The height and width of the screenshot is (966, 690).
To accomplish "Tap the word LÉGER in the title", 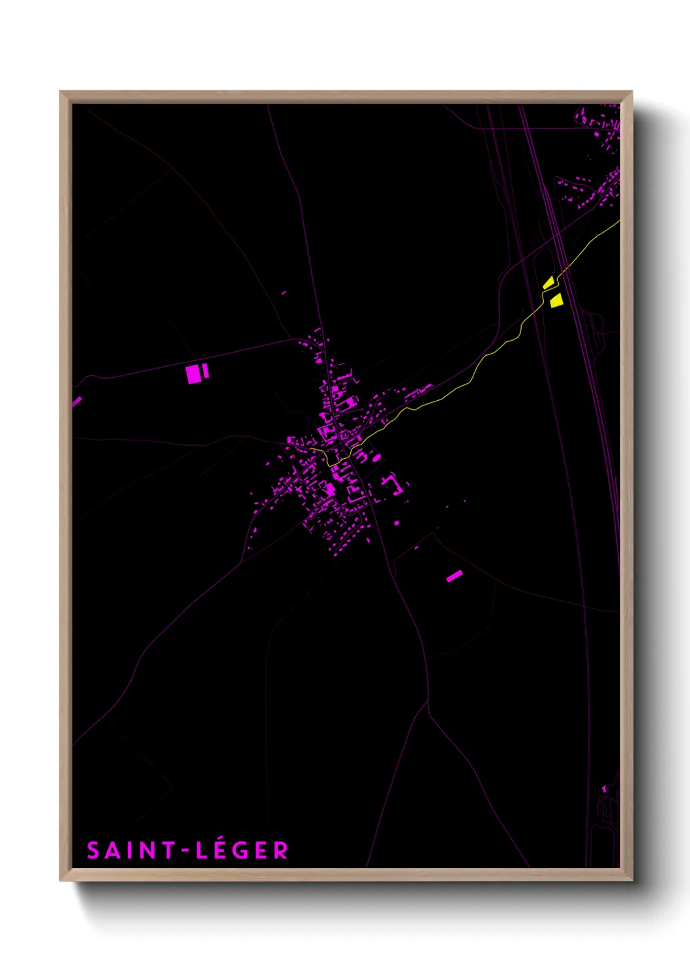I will (x=242, y=850).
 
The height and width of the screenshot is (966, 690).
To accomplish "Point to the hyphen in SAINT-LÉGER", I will (x=185, y=850).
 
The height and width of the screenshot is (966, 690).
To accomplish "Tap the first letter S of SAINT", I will (x=93, y=850).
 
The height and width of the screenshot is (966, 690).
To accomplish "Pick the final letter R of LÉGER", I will (x=281, y=850).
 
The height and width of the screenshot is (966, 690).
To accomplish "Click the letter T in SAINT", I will (x=168, y=850).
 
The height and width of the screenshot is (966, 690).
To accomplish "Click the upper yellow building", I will (x=548, y=283).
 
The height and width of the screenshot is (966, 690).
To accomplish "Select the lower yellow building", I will (x=556, y=300).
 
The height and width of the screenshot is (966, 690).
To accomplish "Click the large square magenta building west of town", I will (x=193, y=375).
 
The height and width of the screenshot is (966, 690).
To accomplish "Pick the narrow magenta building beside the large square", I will (x=205, y=371).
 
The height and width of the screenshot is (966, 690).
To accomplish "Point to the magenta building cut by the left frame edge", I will (x=76, y=401).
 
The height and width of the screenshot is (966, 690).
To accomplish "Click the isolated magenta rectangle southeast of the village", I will (x=455, y=576).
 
